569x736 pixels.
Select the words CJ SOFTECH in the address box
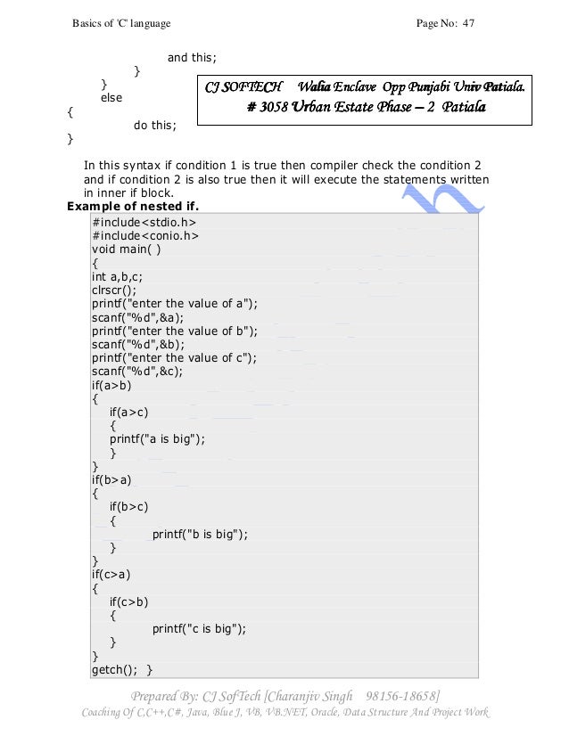pyautogui.click(x=243, y=87)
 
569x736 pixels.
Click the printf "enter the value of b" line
pyautogui.click(x=174, y=331)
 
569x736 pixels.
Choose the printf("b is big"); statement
pyautogui.click(x=200, y=534)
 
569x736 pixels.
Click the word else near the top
pyautogui.click(x=111, y=97)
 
